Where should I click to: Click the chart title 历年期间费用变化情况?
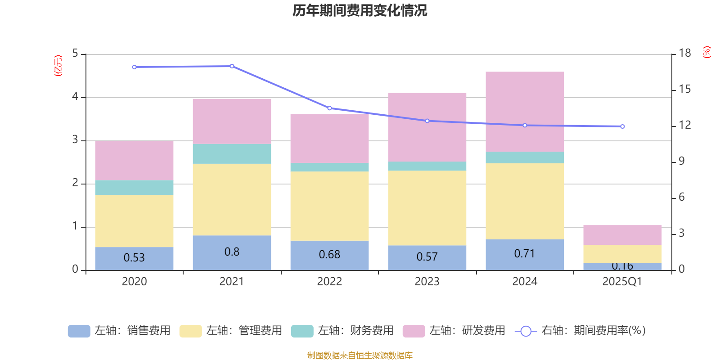tap(360, 10)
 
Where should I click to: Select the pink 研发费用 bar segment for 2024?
tap(525, 112)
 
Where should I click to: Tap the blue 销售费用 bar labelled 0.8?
tap(232, 252)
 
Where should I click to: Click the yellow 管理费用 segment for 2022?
tap(329, 206)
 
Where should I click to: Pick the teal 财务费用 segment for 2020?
tap(134, 187)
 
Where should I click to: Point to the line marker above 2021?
tap(232, 66)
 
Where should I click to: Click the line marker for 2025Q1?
tap(622, 126)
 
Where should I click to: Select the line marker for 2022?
tap(329, 108)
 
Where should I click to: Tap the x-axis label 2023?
tap(427, 282)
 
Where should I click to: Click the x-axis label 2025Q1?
tap(622, 282)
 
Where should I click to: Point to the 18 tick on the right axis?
tap(684, 53)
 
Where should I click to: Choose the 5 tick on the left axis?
tap(75, 54)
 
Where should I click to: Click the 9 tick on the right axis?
tap(681, 161)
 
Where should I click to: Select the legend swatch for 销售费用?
tap(79, 331)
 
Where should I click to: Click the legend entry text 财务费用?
tap(355, 331)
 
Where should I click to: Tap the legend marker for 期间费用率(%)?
tap(526, 331)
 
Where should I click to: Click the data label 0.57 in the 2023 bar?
tap(427, 257)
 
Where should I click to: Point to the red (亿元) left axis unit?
tap(58, 66)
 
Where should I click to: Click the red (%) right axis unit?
tap(706, 52)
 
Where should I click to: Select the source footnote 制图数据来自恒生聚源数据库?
tap(360, 355)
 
